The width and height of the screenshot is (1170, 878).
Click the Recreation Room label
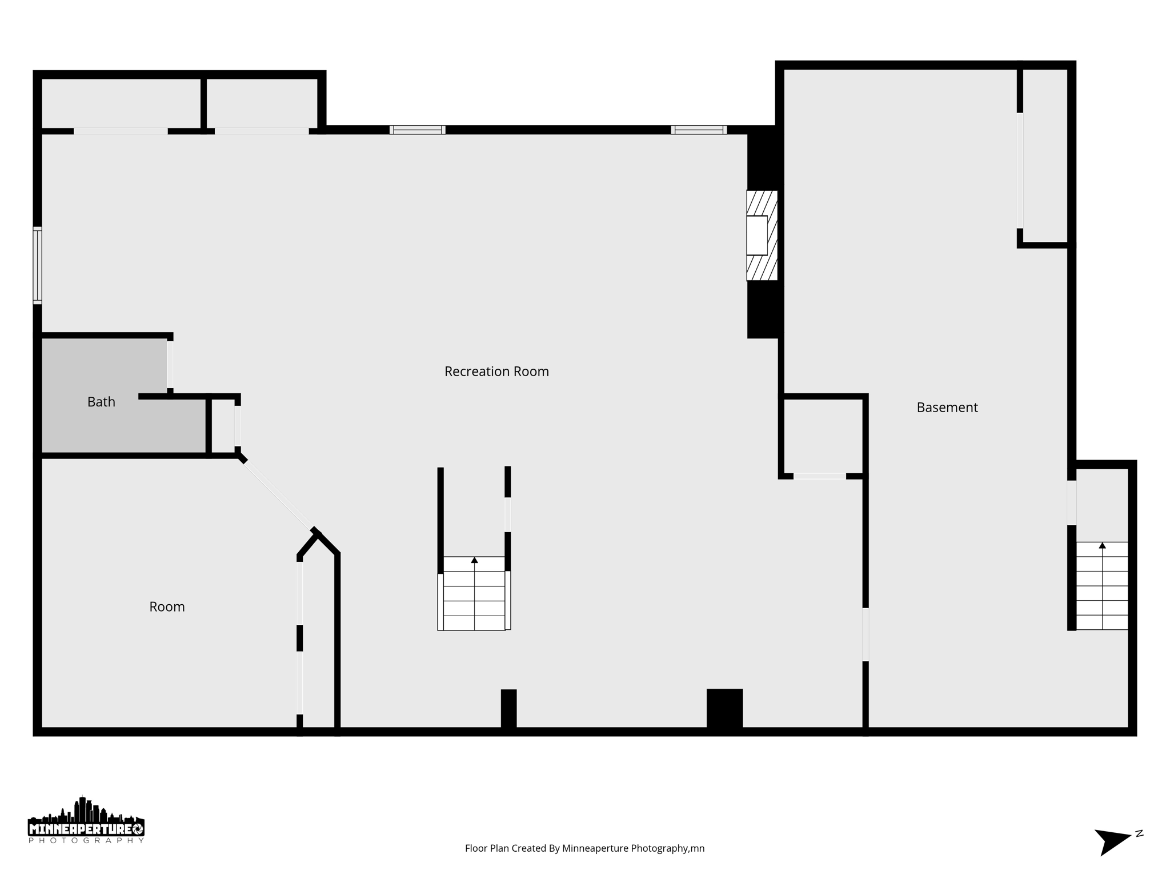click(496, 372)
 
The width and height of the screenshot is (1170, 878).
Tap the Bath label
click(101, 402)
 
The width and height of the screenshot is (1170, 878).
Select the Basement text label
click(947, 408)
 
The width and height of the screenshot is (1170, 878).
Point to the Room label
click(167, 606)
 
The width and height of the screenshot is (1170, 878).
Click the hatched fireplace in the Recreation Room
click(762, 236)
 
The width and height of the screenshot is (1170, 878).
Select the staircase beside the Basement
click(1102, 585)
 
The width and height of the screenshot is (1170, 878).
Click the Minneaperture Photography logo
click(86, 821)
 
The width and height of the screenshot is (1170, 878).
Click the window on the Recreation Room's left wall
click(37, 265)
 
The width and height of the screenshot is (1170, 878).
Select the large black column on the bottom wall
click(724, 708)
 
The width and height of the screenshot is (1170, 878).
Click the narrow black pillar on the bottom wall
click(508, 709)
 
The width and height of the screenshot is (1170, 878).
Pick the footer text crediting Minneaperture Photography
click(584, 848)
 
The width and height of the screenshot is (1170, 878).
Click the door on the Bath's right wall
click(170, 365)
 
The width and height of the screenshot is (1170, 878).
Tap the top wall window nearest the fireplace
click(699, 130)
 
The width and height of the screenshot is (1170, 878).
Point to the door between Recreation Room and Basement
click(866, 634)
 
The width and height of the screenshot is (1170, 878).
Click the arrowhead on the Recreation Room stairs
click(474, 560)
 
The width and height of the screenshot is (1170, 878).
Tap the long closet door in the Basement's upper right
click(1020, 170)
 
